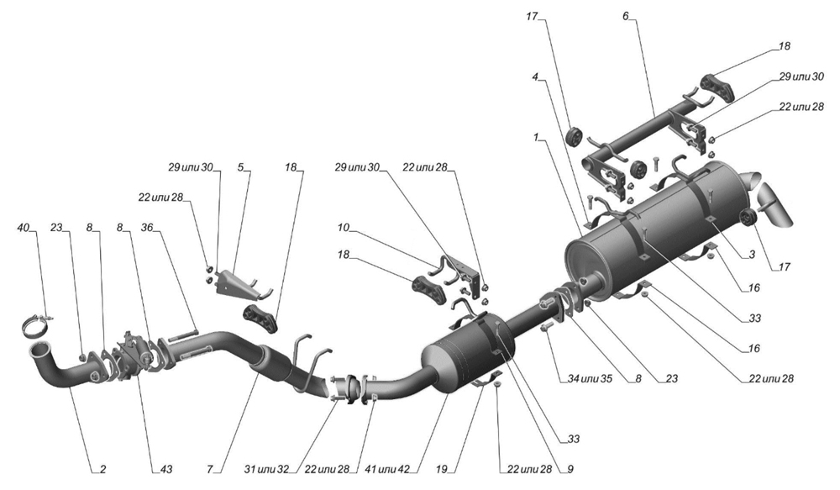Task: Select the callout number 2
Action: tap(102, 467)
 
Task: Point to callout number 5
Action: tap(240, 167)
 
